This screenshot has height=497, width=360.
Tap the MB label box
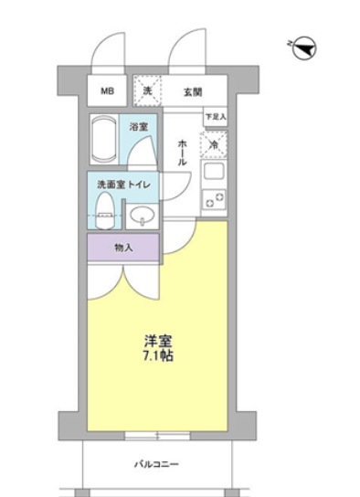click(x=108, y=91)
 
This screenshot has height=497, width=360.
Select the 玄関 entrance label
click(x=192, y=91)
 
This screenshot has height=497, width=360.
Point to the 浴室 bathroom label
click(x=139, y=125)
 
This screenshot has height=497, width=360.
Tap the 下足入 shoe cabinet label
click(x=215, y=118)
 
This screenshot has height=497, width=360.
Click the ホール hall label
click(x=183, y=149)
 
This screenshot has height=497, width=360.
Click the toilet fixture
click(x=106, y=211)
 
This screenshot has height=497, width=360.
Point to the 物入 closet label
click(x=123, y=247)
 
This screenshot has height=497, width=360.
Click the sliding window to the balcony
click(x=157, y=435)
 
